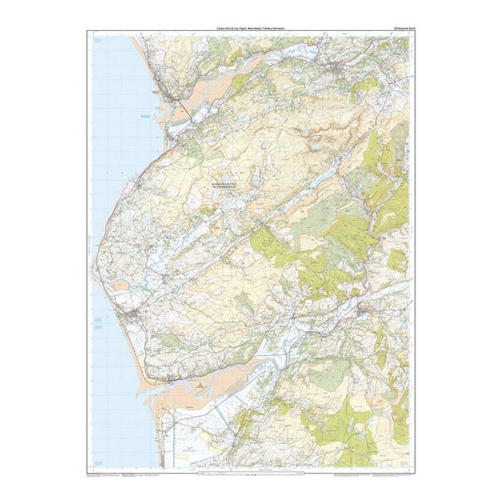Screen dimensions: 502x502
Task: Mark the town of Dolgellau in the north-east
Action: point(345,70)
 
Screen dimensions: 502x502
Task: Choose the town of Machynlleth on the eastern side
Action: point(364,309)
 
